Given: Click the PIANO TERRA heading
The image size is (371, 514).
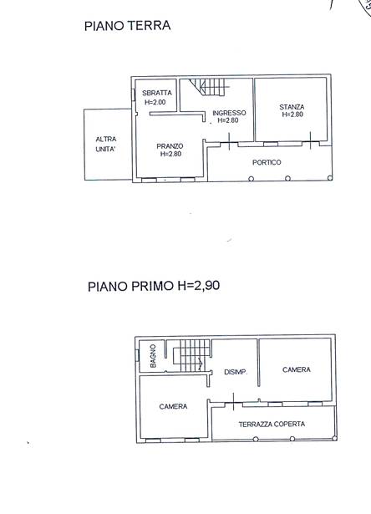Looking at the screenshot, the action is point(128,26).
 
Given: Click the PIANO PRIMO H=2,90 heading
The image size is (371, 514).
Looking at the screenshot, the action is point(154,286).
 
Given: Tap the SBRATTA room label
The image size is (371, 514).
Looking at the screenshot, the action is point(156,93).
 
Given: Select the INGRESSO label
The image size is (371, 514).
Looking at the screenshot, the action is point(229,113).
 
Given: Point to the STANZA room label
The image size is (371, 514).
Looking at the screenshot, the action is point(292,107).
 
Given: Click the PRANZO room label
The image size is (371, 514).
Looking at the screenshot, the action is point(170,146).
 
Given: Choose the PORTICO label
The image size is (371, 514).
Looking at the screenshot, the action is point(267,162).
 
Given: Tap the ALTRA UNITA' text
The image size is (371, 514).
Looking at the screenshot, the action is point(106,145).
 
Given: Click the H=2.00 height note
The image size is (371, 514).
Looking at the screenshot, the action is point(155,102).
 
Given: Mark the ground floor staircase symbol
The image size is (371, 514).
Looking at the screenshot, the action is point(209,87).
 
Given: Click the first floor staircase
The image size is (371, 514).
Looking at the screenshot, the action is point(191,355).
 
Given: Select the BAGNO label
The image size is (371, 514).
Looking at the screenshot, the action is point(153,356).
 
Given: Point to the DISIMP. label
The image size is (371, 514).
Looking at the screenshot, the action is point(236,373).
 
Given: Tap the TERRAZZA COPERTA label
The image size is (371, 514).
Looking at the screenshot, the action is point(272,425).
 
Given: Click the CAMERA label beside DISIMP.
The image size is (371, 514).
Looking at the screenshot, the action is point(297,369).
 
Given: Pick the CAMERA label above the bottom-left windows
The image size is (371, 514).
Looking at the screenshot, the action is point(173,406).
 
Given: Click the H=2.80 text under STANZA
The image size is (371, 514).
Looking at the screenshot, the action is point(292,115).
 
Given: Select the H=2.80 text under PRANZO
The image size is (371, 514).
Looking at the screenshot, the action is point(170,154).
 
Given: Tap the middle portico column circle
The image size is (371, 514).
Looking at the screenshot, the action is point(287,178).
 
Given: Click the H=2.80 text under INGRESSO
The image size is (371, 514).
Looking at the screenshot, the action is point(228,120).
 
